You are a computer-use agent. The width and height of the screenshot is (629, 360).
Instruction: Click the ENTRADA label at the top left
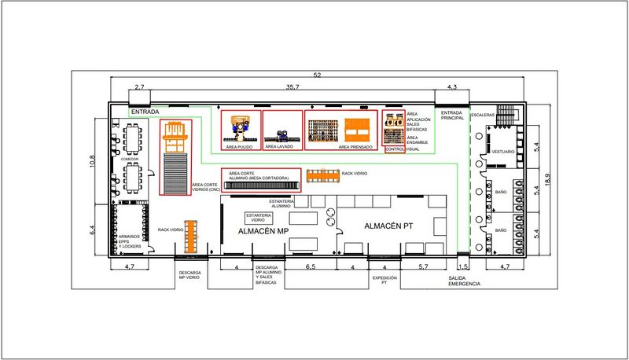point(145,112)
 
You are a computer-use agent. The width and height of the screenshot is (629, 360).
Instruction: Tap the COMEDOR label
point(130,159)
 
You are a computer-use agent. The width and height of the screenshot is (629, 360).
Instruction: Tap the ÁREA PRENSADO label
point(355,146)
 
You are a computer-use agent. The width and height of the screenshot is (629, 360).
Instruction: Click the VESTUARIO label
point(503,151)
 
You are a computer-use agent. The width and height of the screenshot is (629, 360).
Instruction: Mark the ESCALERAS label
point(483,116)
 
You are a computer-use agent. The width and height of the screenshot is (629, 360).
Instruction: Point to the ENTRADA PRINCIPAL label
point(452,116)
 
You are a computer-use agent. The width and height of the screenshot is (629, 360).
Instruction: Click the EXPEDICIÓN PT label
point(384,281)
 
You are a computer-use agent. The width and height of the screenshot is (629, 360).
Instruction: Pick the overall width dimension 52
point(317,75)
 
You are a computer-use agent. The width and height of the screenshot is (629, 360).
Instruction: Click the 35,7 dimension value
point(293,86)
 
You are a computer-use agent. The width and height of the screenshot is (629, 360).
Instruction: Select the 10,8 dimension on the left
point(92,160)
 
